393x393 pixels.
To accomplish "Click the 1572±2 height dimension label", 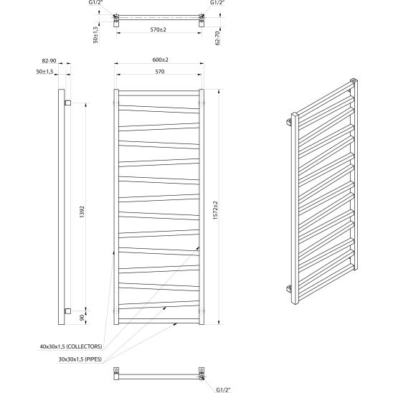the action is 216,210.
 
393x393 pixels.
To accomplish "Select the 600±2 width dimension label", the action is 161,60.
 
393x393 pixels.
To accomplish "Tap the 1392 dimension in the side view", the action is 82,212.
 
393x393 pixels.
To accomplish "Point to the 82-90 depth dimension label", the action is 49,61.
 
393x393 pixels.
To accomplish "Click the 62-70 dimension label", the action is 217,38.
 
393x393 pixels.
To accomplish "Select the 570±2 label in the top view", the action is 158,29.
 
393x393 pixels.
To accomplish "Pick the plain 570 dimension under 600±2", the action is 160,72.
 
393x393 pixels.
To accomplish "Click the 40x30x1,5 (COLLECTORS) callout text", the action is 71,346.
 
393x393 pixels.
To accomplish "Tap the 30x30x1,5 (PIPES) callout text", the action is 80,359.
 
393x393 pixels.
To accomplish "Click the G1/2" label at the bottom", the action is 223,390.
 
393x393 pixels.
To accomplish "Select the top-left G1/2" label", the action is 96,2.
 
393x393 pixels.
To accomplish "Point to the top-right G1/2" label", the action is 217,2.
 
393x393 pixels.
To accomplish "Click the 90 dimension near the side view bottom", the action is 82,318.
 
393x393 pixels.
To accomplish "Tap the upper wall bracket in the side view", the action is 67,103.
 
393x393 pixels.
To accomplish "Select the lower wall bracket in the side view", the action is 67,311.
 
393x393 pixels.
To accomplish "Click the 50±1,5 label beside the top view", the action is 95,35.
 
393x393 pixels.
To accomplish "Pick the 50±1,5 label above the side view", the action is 45,72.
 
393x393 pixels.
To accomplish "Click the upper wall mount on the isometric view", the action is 289,122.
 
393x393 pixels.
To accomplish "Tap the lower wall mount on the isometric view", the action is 289,289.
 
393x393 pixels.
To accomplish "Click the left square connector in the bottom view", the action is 116,370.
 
